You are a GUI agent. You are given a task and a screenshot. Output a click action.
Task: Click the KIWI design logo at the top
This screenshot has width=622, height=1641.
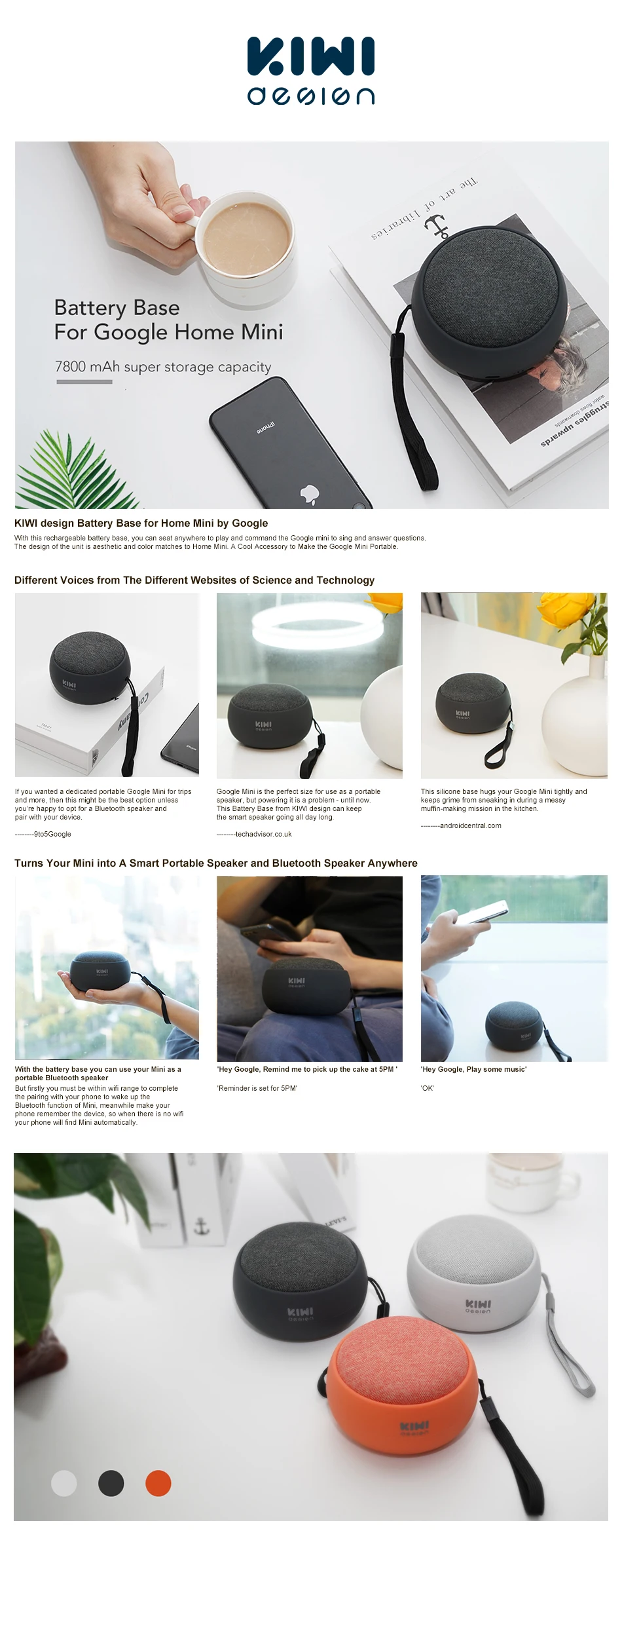[x=311, y=71]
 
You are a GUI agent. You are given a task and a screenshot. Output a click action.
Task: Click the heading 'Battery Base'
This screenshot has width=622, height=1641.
[x=117, y=307]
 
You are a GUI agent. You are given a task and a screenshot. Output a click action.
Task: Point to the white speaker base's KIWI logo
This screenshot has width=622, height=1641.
[x=478, y=1306]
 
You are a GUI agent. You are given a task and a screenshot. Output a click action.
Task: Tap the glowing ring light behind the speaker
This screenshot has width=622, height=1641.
[x=308, y=618]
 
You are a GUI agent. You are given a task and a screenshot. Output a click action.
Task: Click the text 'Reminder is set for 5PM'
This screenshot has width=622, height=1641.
[x=257, y=1088]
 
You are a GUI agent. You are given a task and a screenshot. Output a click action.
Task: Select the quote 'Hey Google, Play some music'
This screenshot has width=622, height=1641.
[x=473, y=1069]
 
